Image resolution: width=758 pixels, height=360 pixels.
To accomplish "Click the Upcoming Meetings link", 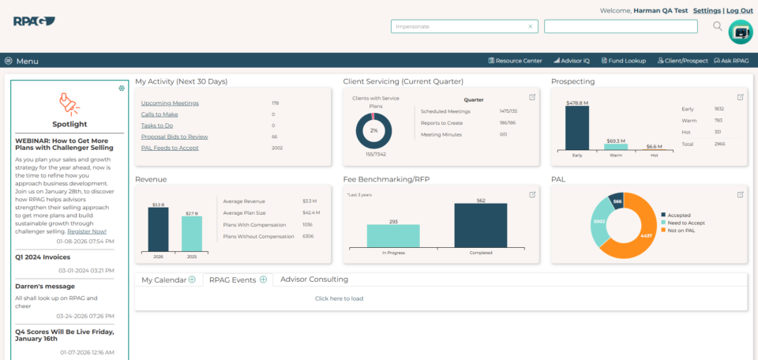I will pos(170,103).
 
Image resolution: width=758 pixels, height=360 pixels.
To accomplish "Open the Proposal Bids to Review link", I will pos(174,137).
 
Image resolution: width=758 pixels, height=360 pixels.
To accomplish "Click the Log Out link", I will pos(740,10).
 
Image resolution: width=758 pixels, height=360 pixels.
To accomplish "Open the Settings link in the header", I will pos(706,10).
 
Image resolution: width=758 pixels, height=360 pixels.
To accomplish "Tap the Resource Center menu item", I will pos(515,61).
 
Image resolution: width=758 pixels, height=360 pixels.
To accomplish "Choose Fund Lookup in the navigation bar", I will pos(624,61).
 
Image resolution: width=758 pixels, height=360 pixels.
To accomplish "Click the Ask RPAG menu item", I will pos(731,61).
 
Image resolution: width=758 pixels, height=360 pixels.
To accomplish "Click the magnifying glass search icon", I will pos(718,26).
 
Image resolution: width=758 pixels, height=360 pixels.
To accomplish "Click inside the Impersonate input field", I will pos(458,26).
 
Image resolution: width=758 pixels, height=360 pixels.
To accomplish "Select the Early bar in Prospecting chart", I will pos(577,128).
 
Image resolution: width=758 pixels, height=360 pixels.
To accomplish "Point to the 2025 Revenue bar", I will pos(192,234).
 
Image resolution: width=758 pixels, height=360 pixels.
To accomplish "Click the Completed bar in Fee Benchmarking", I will pos(480,226).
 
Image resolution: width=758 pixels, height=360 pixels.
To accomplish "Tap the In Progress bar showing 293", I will pos(393,236).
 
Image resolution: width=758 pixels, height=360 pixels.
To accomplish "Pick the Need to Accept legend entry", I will pos(686,223).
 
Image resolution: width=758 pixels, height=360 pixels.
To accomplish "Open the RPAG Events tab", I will pos(233,279).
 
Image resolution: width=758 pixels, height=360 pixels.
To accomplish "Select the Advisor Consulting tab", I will pos(314,279).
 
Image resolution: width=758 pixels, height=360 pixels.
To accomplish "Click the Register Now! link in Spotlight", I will pos(87,231).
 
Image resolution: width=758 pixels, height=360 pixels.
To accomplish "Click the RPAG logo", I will pos(33,21).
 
